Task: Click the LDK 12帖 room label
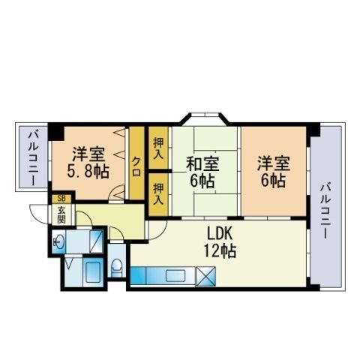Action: pos(220,242)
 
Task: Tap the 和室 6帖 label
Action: pos(202,172)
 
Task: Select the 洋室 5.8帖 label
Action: pos(88,163)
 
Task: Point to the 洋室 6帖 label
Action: pos(274,172)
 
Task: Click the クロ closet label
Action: pos(136,166)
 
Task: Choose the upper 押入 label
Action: pos(158,148)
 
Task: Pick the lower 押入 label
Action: pos(158,194)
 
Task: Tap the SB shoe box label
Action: pos(61,199)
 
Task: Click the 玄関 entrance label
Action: pos(61,214)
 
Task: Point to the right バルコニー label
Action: pos(325,211)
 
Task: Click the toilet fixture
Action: pos(117,268)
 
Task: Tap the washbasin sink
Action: pos(59,241)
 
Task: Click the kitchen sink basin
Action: pos(175,276)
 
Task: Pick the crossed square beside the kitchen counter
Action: pos(205,277)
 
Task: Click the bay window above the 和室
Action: pos(205,118)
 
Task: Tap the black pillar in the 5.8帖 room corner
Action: pos(56,132)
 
